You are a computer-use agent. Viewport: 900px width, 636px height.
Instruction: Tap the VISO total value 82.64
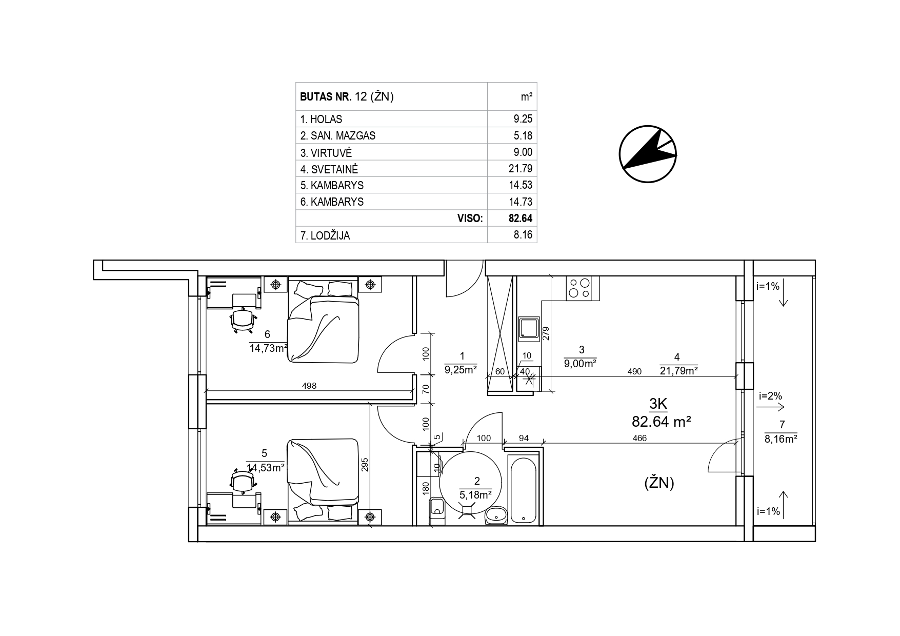521,218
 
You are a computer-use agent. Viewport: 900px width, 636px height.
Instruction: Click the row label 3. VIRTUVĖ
326,152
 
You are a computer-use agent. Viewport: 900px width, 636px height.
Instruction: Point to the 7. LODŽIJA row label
325,236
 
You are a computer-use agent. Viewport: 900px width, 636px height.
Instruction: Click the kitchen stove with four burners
579,288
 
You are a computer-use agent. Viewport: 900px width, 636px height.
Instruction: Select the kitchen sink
528,328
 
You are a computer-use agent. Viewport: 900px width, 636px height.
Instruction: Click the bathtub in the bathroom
524,489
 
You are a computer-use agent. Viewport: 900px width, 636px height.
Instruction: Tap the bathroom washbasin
496,515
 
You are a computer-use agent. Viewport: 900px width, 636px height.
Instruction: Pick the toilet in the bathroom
437,511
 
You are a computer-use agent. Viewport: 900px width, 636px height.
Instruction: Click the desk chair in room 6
243,320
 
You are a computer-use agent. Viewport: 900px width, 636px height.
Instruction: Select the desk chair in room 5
243,481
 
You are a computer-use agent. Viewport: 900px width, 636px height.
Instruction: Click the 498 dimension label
309,386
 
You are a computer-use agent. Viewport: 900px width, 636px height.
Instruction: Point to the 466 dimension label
639,438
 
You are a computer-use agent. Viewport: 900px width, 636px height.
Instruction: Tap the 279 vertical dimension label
546,334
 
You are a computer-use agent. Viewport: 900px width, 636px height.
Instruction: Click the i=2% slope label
770,396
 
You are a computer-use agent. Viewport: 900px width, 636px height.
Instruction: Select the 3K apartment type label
658,404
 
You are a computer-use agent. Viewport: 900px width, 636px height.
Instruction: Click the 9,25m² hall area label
461,369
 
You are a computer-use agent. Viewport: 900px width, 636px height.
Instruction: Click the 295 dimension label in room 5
365,464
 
